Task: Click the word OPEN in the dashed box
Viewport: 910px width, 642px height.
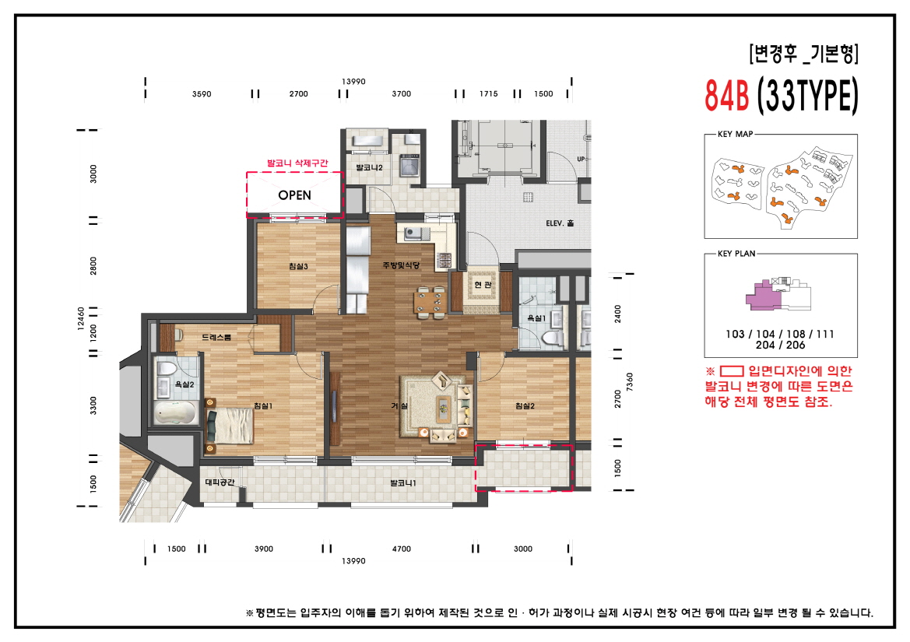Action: point(294,195)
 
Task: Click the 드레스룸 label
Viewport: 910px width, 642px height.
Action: point(216,338)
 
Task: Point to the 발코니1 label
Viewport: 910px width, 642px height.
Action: point(402,483)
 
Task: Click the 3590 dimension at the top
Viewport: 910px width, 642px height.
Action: point(202,94)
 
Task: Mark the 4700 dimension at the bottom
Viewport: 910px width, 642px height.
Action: point(401,549)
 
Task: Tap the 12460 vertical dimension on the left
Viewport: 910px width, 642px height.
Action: point(81,319)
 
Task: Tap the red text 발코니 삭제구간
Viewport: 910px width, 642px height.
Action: point(297,163)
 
